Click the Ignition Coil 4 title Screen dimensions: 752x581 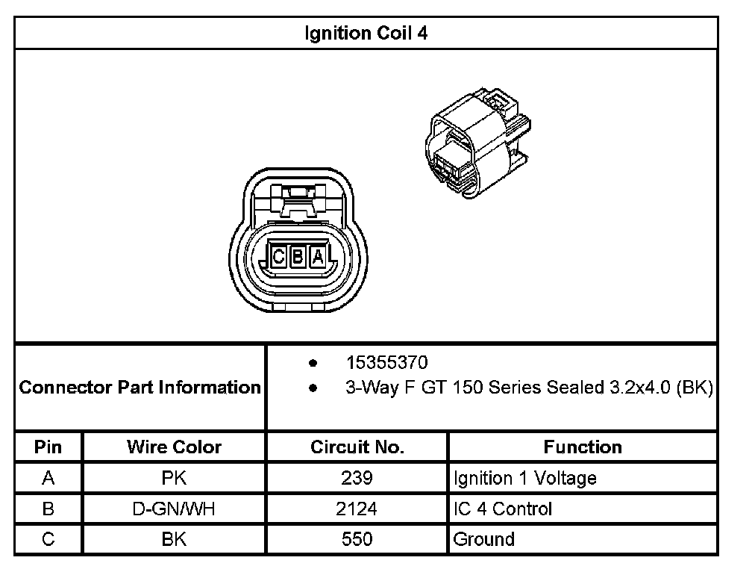(x=366, y=34)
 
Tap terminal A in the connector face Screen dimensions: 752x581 (x=318, y=258)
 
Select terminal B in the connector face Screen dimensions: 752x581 (x=298, y=258)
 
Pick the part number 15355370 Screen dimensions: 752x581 (x=386, y=363)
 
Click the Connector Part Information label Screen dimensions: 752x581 (x=140, y=388)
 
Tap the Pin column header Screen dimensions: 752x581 (x=48, y=447)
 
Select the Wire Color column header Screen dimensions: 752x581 (x=174, y=447)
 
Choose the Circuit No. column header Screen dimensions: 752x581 (x=357, y=447)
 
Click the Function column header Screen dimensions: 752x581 (x=583, y=447)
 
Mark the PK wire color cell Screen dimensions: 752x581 (x=174, y=478)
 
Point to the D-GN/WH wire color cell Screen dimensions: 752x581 (x=174, y=509)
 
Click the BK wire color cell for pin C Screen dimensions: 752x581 (x=174, y=539)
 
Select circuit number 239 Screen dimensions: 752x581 (x=357, y=478)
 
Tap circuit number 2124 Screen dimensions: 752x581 (x=357, y=509)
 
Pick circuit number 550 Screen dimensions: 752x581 (x=357, y=539)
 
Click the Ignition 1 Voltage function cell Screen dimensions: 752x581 (x=524, y=478)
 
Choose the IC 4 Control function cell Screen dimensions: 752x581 (x=503, y=509)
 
